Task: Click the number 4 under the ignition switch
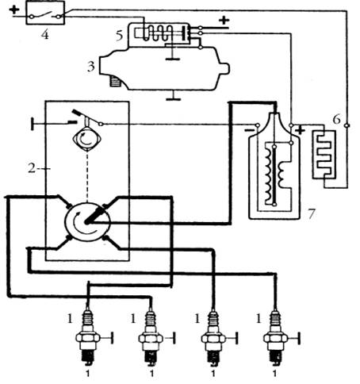45,34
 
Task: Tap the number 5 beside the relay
120,35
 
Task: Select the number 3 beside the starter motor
91,67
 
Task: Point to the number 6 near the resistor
336,119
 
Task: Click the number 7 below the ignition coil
311,213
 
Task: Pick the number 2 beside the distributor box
32,168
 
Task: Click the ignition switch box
45,13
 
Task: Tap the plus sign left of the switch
14,10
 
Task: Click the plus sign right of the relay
224,20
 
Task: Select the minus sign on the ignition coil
249,130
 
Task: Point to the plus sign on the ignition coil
301,130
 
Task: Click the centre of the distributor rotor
86,222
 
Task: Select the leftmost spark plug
88,338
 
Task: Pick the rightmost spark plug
275,338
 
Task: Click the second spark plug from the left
151,338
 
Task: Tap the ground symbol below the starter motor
174,96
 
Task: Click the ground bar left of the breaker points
33,124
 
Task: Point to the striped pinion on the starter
115,81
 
